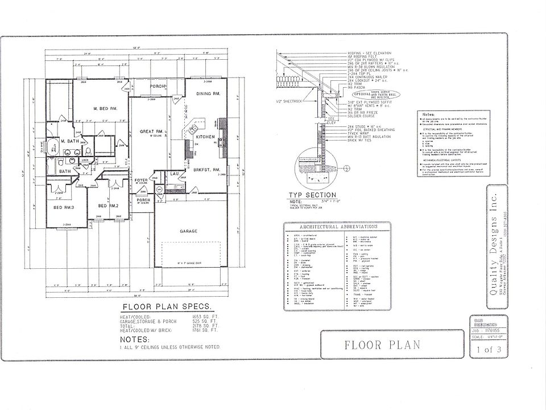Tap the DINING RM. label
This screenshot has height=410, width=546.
[x=208, y=93]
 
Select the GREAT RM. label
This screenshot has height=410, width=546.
[x=152, y=132]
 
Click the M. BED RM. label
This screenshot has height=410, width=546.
[x=105, y=108]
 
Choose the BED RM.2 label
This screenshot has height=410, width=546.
[x=108, y=205]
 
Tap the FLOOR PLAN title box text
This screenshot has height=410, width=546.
[x=382, y=344]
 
